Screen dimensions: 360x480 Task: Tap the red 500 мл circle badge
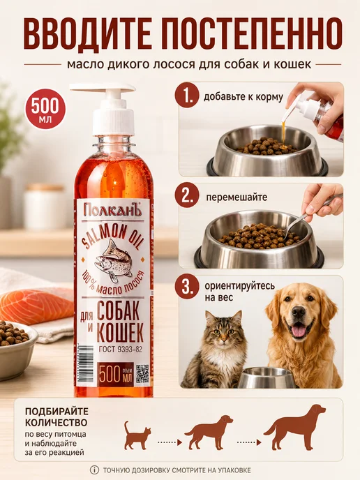45,109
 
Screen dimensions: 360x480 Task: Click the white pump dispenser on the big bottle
107,108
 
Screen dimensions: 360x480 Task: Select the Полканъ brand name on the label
112,211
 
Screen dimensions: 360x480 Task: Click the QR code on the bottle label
142,373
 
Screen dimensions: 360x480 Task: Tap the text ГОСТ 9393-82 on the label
120,350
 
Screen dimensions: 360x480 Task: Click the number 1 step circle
187,96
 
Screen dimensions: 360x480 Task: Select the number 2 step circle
187,196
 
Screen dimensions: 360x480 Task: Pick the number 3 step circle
187,287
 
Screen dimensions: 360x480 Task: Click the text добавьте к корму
243,97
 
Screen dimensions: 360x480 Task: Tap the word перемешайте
237,197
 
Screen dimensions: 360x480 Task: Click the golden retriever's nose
298,312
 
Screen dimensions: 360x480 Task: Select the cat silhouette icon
137,435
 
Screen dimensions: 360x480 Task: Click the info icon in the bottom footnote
94,470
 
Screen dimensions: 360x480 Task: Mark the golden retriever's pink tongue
298,331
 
